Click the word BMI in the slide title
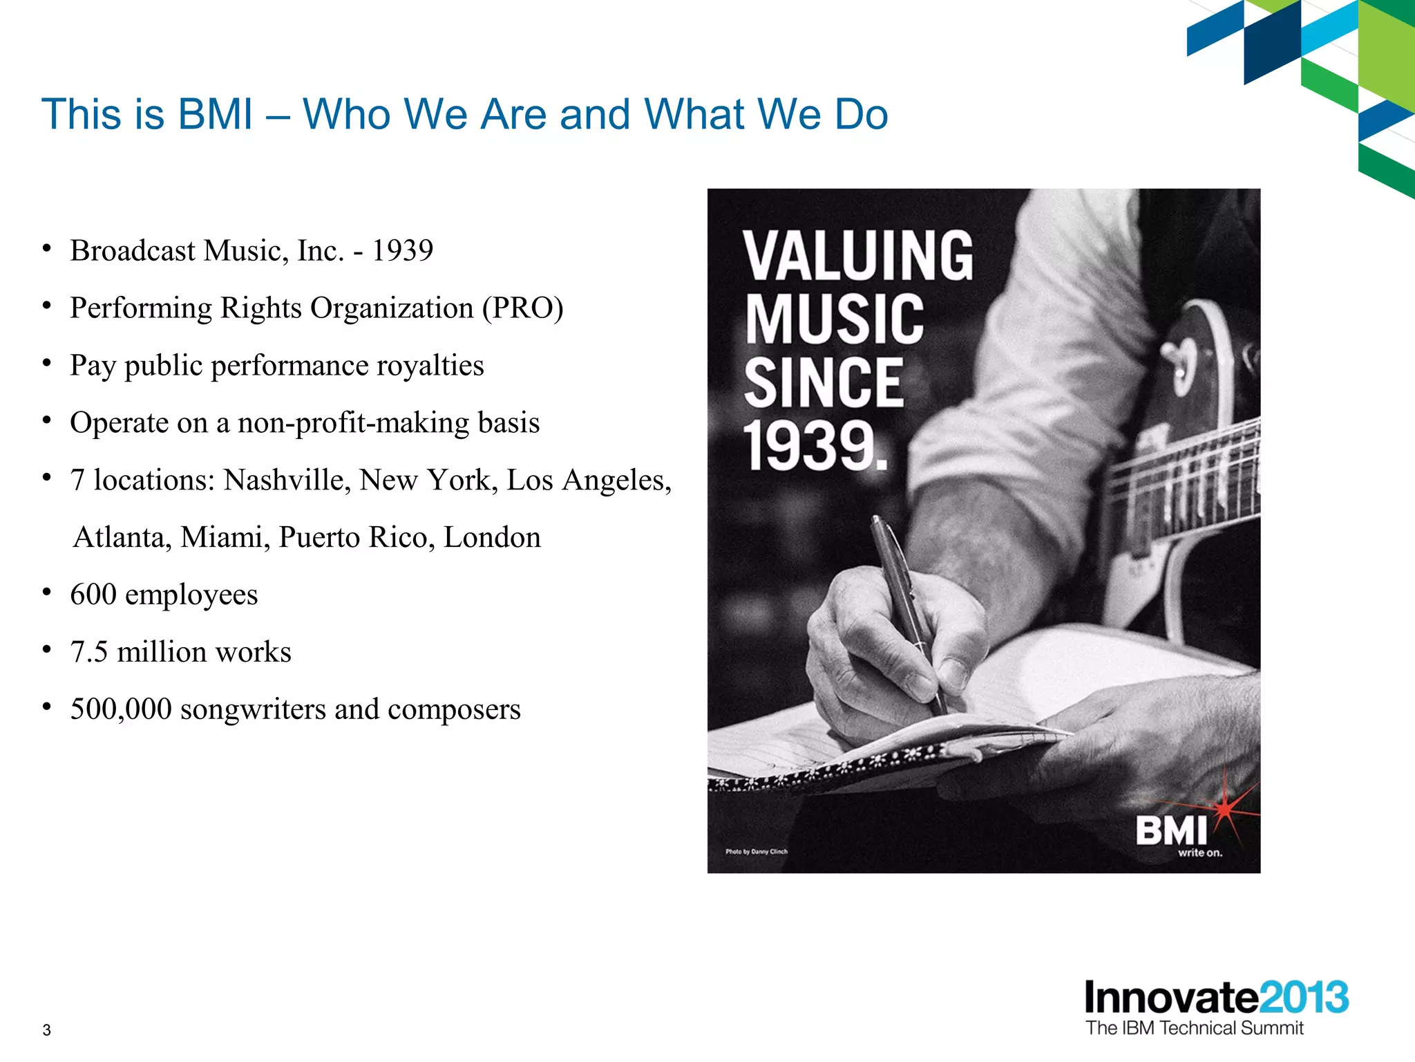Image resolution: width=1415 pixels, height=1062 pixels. pos(216,114)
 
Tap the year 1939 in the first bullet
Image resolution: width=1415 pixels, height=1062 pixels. pos(402,251)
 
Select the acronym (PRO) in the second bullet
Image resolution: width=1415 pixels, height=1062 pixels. pos(523,308)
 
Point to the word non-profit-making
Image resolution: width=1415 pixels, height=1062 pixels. pos(353,423)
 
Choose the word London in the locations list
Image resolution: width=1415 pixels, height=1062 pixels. pos(492,538)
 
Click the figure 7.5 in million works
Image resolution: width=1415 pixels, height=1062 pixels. pos(89,653)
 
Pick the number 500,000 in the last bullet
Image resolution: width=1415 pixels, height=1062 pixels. pos(121,710)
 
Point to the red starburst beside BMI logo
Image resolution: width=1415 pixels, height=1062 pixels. pos(1225,808)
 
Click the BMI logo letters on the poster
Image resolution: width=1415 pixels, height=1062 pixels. pos(1171,830)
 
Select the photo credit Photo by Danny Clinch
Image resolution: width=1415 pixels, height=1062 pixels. pos(756,852)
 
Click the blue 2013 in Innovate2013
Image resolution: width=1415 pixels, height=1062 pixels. pos(1303,998)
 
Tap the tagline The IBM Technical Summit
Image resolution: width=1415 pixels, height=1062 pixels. pos(1194,1028)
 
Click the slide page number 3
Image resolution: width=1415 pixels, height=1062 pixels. pos(46,1030)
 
